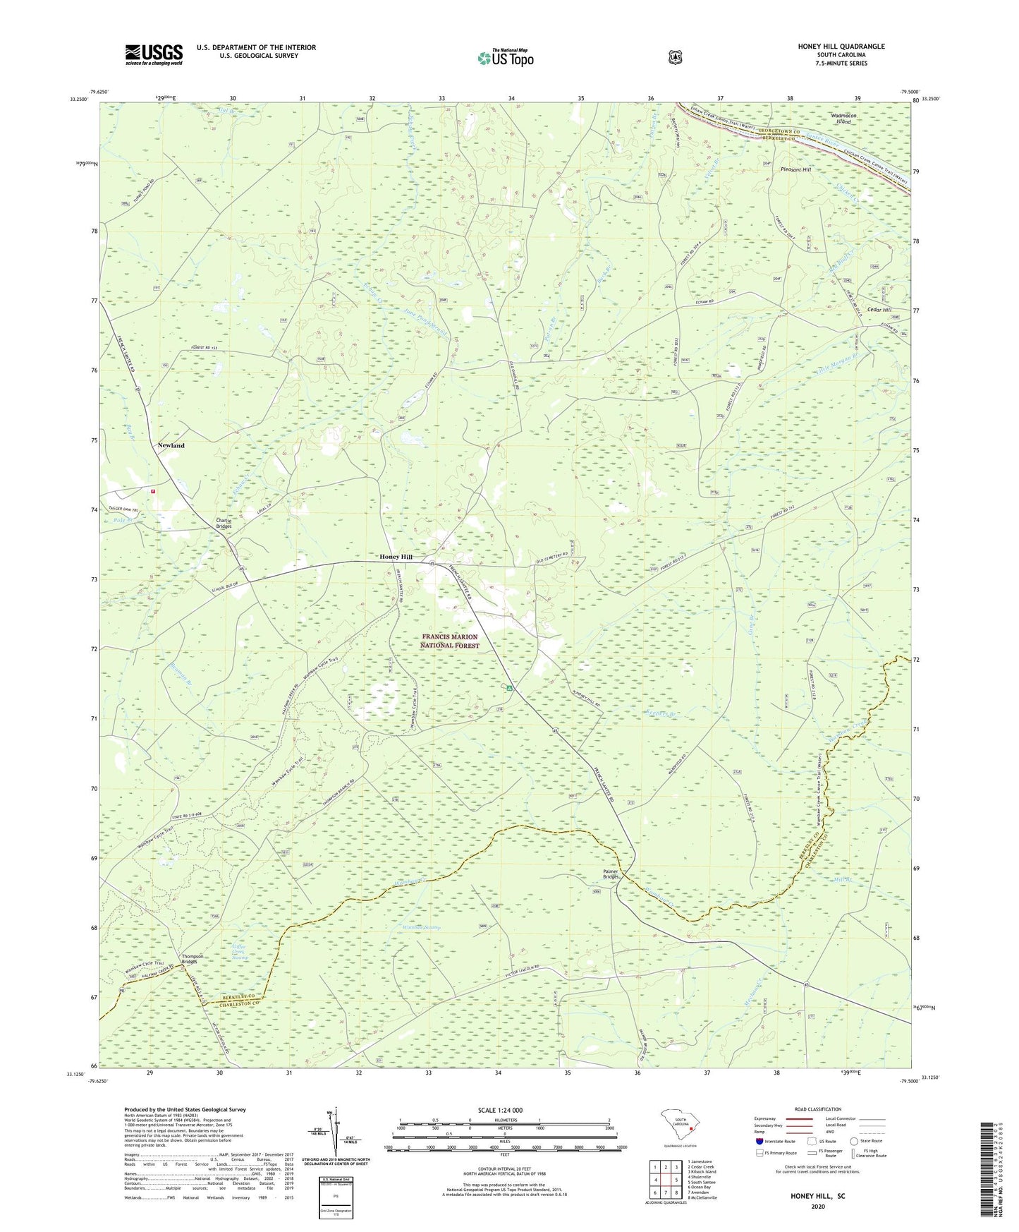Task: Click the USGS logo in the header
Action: pos(154,54)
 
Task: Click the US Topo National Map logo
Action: pos(504,57)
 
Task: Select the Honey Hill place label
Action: pos(396,557)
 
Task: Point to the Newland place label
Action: pos(171,445)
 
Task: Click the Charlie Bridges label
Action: pos(224,524)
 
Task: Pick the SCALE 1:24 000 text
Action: pos(500,1111)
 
